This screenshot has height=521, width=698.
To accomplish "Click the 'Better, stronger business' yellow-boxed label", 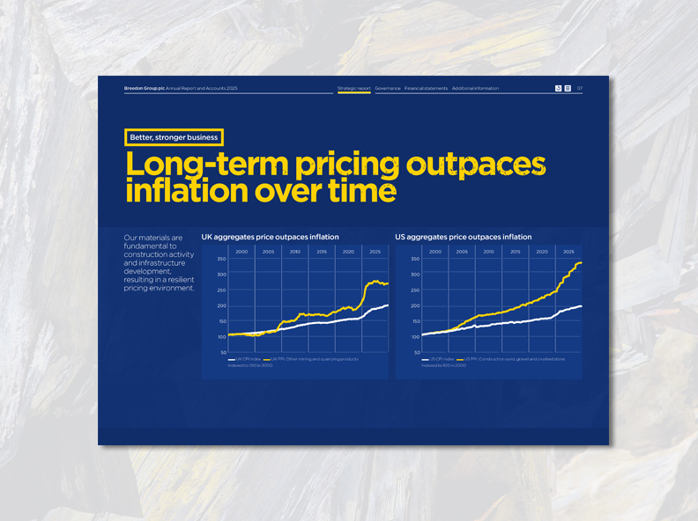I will [174, 136].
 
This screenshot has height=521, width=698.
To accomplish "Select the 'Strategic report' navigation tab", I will [353, 89].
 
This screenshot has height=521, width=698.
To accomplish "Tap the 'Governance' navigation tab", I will [388, 89].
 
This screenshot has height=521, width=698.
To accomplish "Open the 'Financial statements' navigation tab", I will [427, 89].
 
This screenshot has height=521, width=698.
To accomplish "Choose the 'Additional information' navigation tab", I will [475, 89].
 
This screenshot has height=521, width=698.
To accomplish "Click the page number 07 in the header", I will [580, 89].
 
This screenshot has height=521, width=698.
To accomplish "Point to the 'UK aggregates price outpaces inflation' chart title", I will [270, 237].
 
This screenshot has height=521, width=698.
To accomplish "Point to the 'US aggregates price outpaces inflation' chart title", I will [463, 237].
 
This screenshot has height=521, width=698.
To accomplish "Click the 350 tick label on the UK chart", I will [221, 259].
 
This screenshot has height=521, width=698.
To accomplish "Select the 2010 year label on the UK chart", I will [295, 252].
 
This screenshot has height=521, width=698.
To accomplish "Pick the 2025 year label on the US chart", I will [568, 252].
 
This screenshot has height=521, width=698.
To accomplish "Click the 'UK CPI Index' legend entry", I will [245, 359].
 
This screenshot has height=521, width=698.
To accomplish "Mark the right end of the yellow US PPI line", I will [582, 263].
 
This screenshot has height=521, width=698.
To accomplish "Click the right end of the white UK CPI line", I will [388, 305].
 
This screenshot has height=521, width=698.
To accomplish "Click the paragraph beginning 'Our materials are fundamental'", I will [159, 262].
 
